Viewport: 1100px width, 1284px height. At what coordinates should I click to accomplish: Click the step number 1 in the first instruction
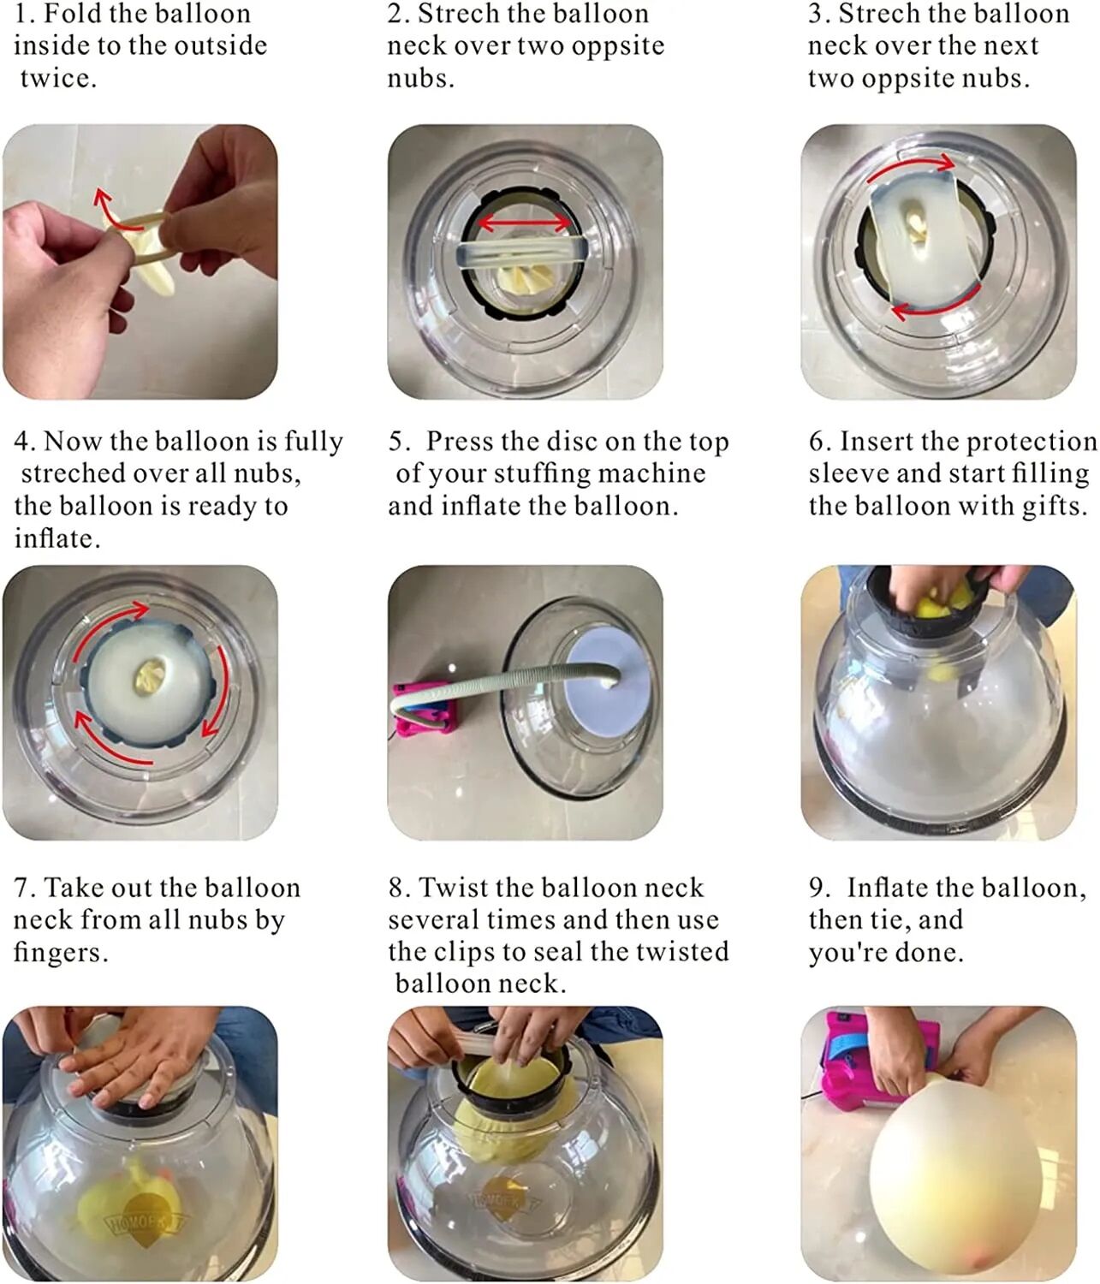(23, 15)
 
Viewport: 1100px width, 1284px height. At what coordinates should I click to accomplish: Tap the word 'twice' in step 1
(56, 79)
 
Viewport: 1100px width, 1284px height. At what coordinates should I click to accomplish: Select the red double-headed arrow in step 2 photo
(523, 223)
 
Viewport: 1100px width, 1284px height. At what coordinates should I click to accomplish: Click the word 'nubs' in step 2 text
(419, 79)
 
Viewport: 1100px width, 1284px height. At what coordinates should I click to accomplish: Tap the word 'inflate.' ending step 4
(56, 539)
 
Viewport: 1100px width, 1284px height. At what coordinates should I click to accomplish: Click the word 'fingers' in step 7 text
(58, 953)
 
